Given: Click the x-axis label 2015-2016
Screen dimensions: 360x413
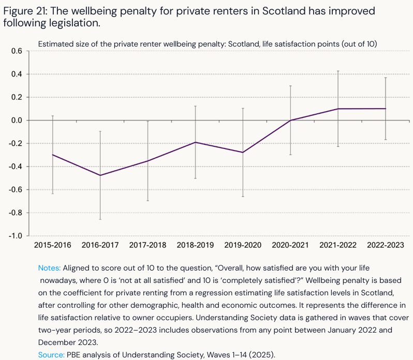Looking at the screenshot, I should (52, 245).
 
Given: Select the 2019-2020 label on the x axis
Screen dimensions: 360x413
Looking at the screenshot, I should (243, 245).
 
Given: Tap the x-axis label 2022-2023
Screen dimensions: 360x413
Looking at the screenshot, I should (386, 245).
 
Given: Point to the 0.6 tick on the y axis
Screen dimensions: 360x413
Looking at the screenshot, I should (17, 51).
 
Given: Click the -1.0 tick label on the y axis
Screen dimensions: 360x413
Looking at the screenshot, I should (16, 236).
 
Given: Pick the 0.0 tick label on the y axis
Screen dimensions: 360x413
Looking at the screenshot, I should (17, 121).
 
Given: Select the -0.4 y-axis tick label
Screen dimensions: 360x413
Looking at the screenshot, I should (16, 167).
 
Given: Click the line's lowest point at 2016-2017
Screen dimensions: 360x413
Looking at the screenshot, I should (100, 175).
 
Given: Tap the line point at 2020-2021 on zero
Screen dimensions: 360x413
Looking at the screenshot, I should (290, 121).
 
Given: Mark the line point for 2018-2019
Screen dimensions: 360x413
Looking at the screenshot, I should (195, 142).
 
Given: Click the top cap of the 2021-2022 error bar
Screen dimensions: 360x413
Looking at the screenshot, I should (338, 71).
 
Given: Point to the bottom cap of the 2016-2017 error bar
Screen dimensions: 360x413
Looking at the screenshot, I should (100, 220).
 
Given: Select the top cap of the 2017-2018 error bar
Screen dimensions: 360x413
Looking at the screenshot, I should (148, 121).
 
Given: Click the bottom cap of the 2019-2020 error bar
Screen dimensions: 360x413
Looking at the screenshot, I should (243, 197).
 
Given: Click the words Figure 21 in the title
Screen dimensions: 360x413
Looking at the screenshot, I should (24, 11).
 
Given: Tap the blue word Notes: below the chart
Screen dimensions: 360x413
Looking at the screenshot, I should (50, 268).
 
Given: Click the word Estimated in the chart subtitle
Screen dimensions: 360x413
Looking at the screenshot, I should (54, 44).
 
